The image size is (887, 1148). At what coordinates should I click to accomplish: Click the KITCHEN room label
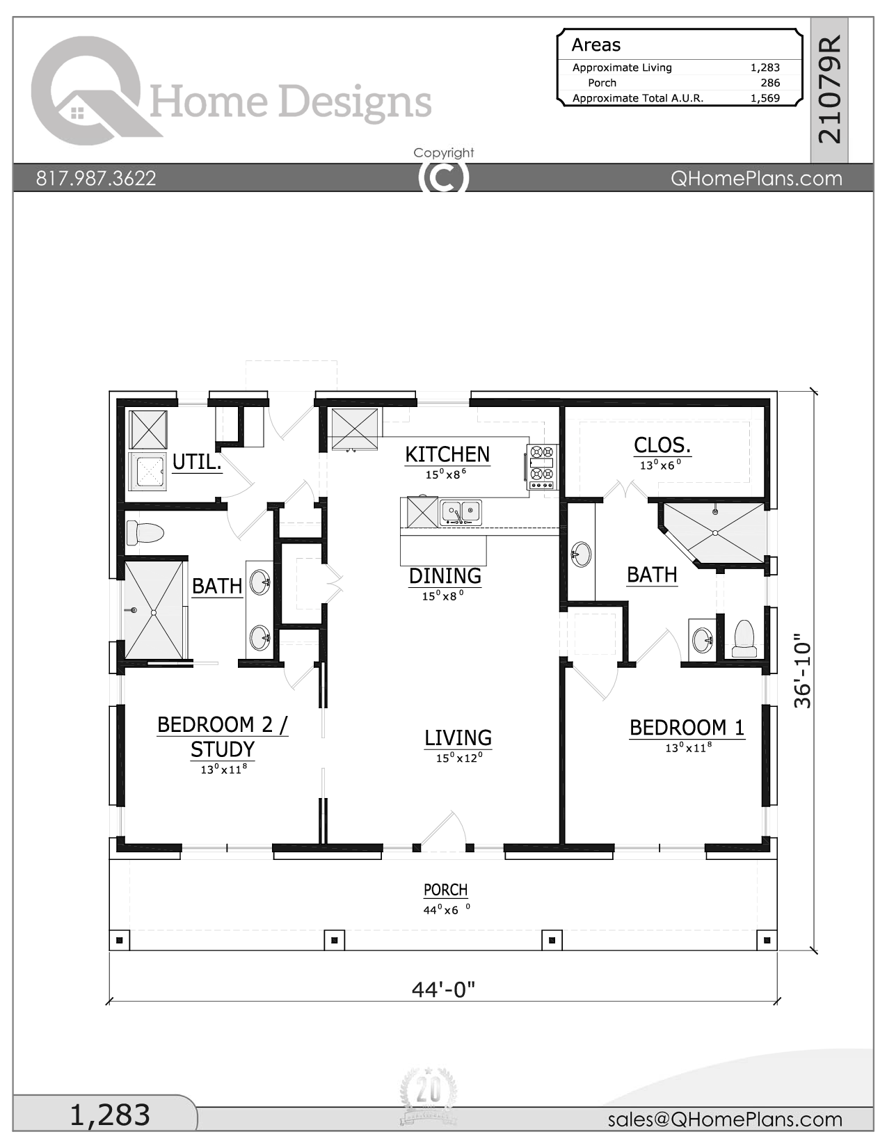click(447, 454)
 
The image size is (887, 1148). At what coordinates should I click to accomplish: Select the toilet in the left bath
click(145, 534)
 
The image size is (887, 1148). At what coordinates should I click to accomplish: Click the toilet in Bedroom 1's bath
click(744, 638)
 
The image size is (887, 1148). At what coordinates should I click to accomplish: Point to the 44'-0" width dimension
click(443, 989)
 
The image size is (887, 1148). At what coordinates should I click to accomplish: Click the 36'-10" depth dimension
click(803, 671)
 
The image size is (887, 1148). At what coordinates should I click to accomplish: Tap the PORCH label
click(445, 890)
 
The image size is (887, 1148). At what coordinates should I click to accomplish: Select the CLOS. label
click(662, 445)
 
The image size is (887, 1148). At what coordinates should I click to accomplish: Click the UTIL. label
click(197, 462)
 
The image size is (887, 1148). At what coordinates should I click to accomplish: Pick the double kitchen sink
click(461, 513)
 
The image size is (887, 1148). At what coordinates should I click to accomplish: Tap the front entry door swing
click(445, 831)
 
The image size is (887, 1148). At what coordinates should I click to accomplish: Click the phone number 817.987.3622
click(96, 178)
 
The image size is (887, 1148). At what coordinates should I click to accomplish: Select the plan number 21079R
click(829, 90)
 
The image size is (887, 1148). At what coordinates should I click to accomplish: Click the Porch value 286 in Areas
click(770, 83)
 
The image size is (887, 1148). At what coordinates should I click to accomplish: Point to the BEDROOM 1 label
click(687, 728)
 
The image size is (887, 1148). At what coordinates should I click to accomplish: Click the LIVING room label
click(458, 738)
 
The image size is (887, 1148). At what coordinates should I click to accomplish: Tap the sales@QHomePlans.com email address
click(725, 1119)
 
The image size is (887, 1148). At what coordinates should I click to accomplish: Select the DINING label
click(445, 576)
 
